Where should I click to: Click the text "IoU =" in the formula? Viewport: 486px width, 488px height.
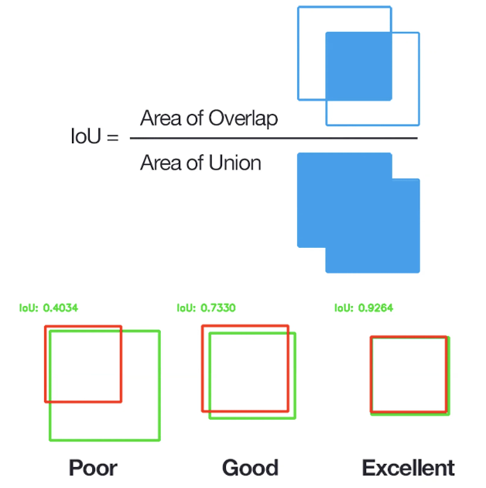[94, 139]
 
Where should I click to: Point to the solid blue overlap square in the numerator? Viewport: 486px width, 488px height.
[358, 66]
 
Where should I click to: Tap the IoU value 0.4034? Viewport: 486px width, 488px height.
[60, 308]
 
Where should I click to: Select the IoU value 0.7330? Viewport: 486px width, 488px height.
[217, 308]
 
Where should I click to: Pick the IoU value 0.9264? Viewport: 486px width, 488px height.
[375, 308]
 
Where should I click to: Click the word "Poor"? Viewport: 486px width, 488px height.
[93, 468]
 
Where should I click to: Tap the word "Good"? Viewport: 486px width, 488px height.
[250, 468]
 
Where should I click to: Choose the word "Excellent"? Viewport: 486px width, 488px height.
[408, 468]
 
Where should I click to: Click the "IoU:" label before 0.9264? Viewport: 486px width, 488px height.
[344, 308]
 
